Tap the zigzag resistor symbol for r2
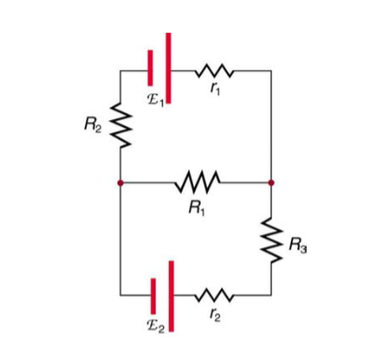216,296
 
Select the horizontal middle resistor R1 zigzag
196,183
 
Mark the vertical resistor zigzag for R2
120,126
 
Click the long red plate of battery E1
168,67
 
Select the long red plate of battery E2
170,294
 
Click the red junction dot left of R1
120,183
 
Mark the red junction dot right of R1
271,183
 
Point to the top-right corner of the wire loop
271,70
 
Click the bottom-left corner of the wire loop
120,296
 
